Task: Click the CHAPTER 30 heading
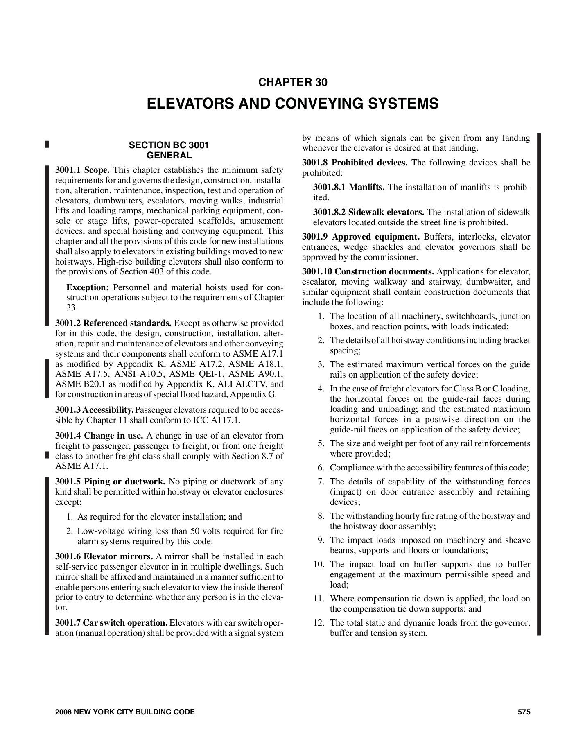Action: pos(293,82)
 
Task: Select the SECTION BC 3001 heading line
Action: pos(169,145)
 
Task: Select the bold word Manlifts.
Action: pos(366,187)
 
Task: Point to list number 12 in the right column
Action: pos(319,623)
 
